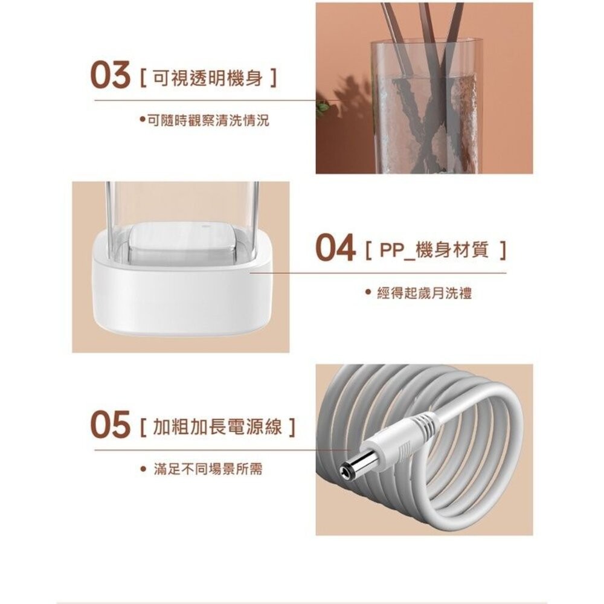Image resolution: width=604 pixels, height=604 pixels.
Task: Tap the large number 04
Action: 336,250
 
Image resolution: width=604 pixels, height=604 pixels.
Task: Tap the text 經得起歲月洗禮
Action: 424,294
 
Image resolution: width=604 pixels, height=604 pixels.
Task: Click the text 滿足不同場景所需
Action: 208,469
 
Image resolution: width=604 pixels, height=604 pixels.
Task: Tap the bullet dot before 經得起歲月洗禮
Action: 367,293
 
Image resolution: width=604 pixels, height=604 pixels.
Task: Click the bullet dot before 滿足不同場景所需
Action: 143,469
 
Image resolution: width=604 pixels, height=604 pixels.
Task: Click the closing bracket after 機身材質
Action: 501,251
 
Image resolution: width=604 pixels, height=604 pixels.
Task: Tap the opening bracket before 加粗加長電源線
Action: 142,428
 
